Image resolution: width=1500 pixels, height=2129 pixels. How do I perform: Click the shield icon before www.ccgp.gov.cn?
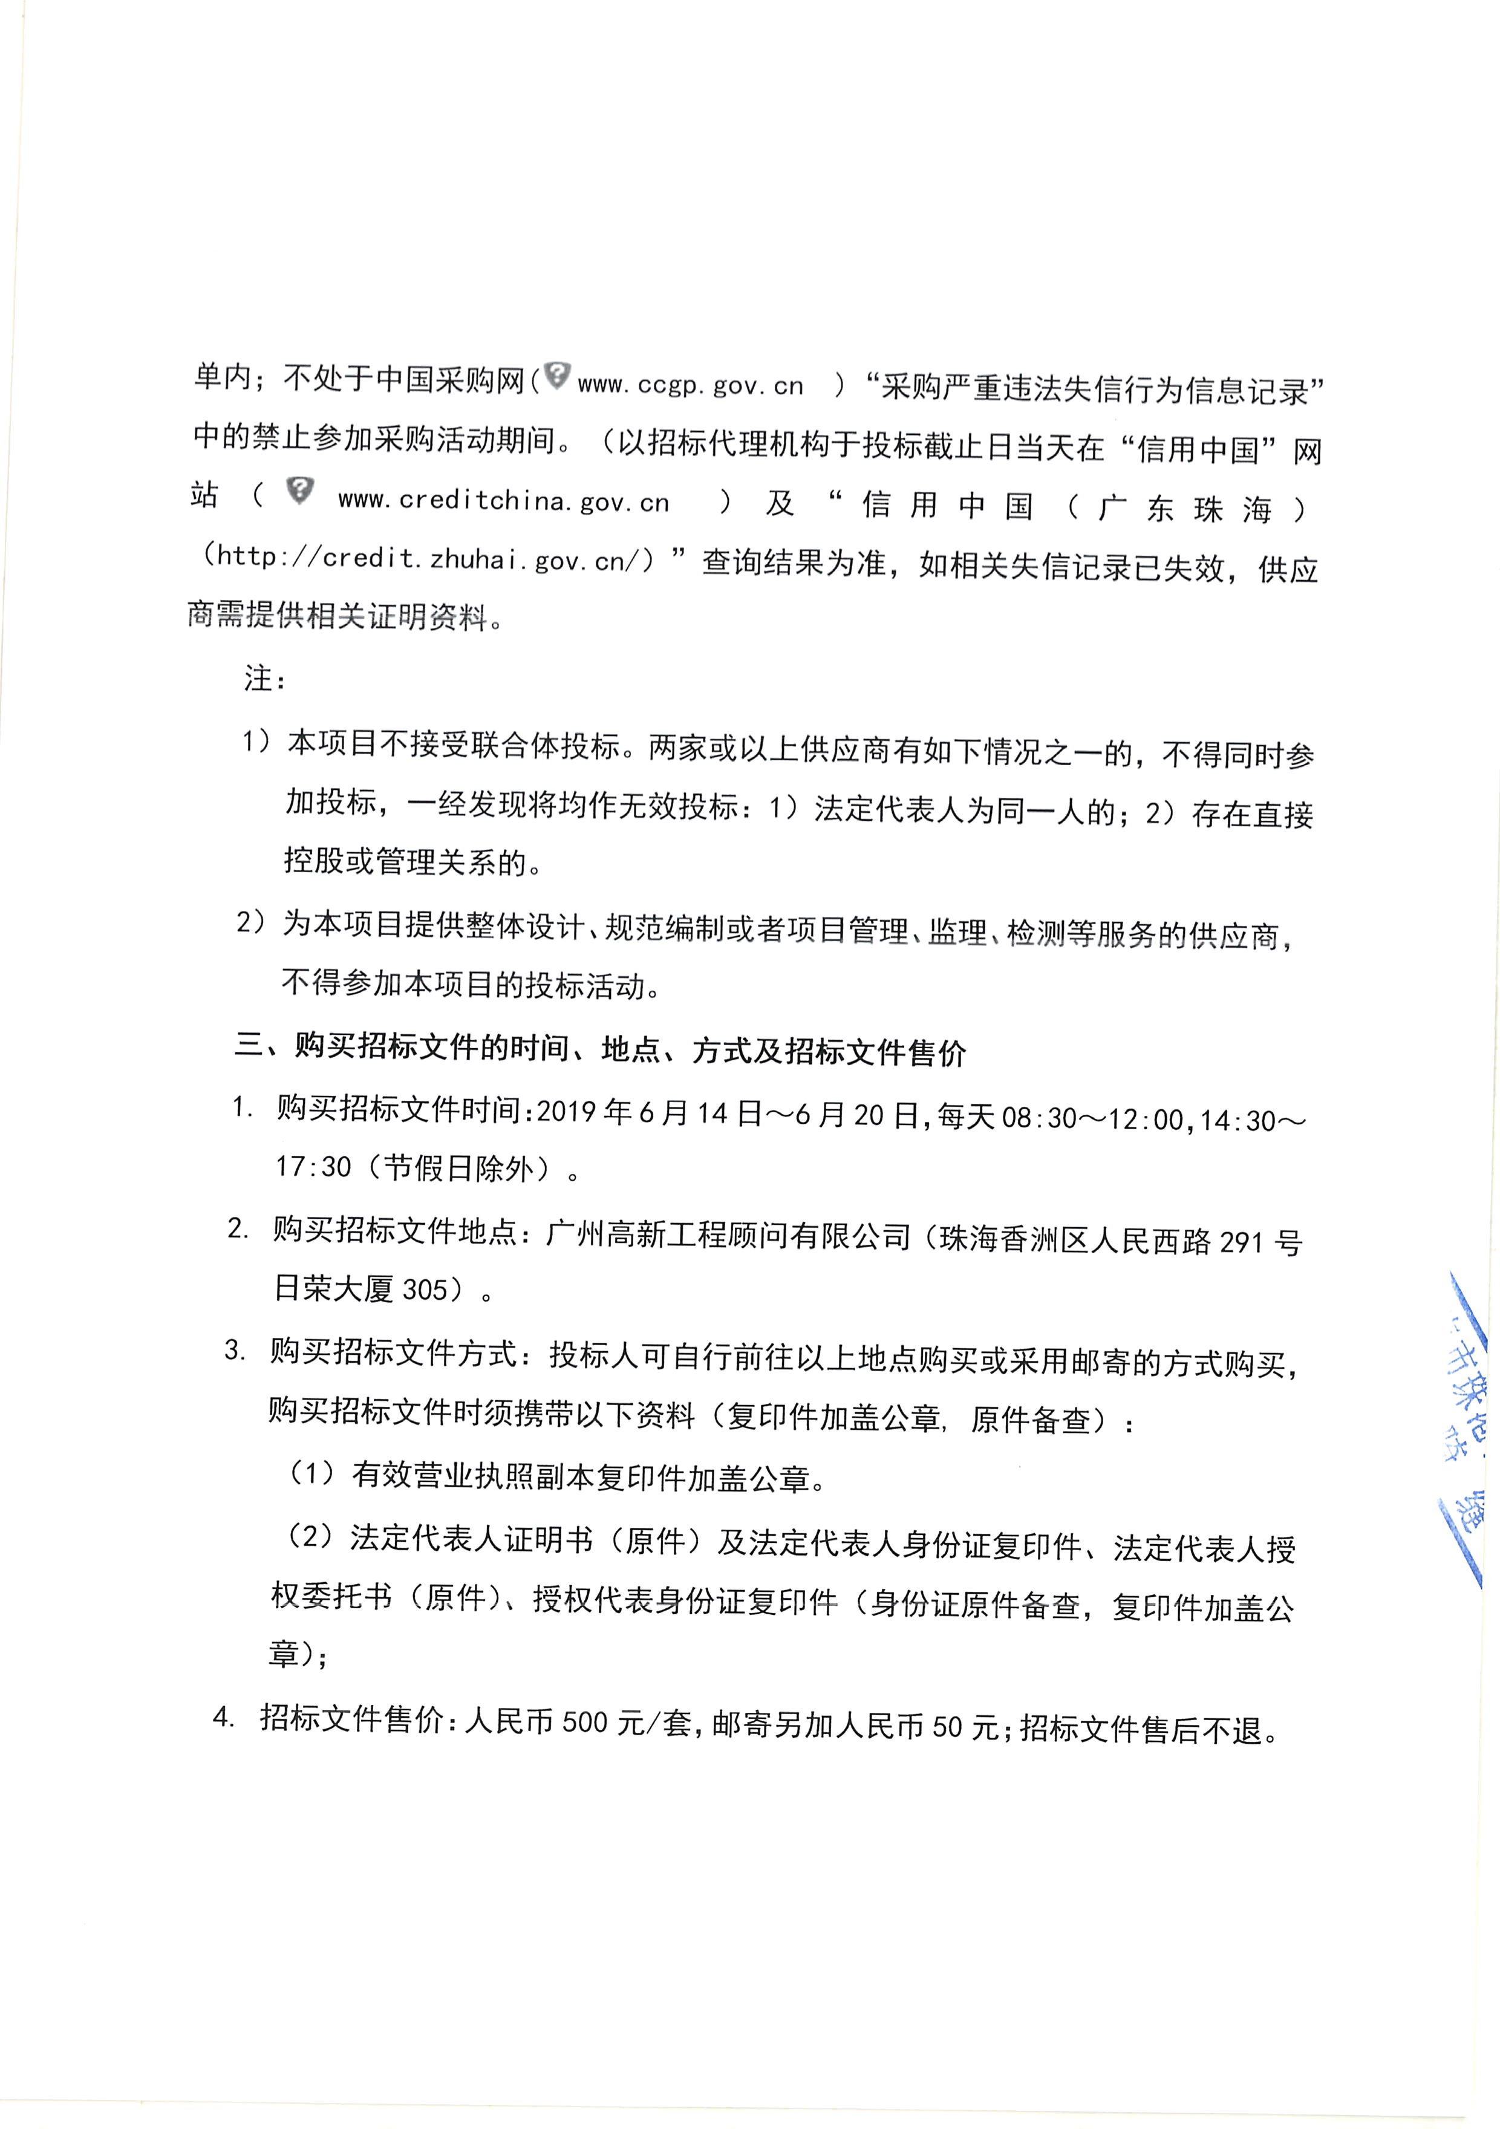pyautogui.click(x=556, y=376)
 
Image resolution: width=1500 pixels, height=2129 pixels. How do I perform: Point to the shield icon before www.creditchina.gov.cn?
pyautogui.click(x=299, y=491)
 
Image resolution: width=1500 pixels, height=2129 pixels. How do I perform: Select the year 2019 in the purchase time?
pyautogui.click(x=567, y=1112)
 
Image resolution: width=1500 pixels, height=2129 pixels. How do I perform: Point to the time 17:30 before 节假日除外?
pyautogui.click(x=313, y=1167)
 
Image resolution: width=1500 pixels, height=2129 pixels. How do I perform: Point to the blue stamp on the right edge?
pyautogui.click(x=1469, y=1428)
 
